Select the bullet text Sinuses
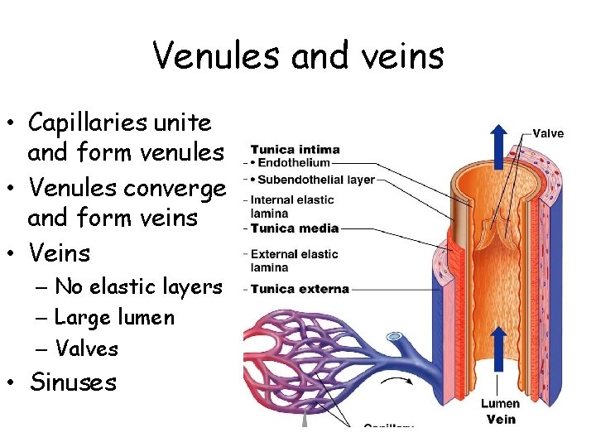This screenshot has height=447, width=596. coord(73,382)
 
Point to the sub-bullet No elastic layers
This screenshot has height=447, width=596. coord(138,286)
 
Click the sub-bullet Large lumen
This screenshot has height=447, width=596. coord(114,317)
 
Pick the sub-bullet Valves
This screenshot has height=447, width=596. coord(86,348)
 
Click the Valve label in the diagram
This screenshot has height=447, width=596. coord(547,132)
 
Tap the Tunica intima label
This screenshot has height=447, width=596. coord(296,150)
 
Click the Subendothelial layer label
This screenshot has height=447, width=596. coord(317,179)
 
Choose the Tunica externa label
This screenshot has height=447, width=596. coord(299,289)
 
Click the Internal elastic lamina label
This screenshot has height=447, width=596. coord(291,206)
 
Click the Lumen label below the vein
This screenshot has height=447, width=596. coord(500,403)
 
